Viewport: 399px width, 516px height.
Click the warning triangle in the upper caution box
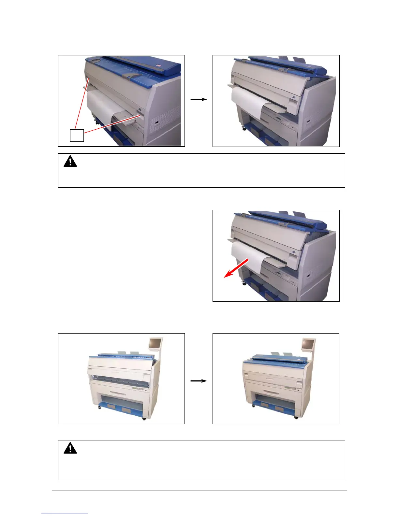pyautogui.click(x=70, y=162)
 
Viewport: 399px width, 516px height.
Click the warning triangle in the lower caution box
pyautogui.click(x=70, y=448)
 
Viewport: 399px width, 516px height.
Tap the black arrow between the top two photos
pyautogui.click(x=199, y=99)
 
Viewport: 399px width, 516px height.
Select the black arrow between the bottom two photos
pyautogui.click(x=199, y=381)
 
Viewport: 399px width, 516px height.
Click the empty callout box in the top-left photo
pyautogui.click(x=77, y=135)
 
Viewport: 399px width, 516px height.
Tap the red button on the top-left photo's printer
pyautogui.click(x=158, y=66)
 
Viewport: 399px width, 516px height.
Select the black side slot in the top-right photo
pyautogui.click(x=308, y=122)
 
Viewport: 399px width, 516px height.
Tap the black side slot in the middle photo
pyautogui.click(x=308, y=277)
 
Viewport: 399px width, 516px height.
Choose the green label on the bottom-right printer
pyautogui.click(x=290, y=388)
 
